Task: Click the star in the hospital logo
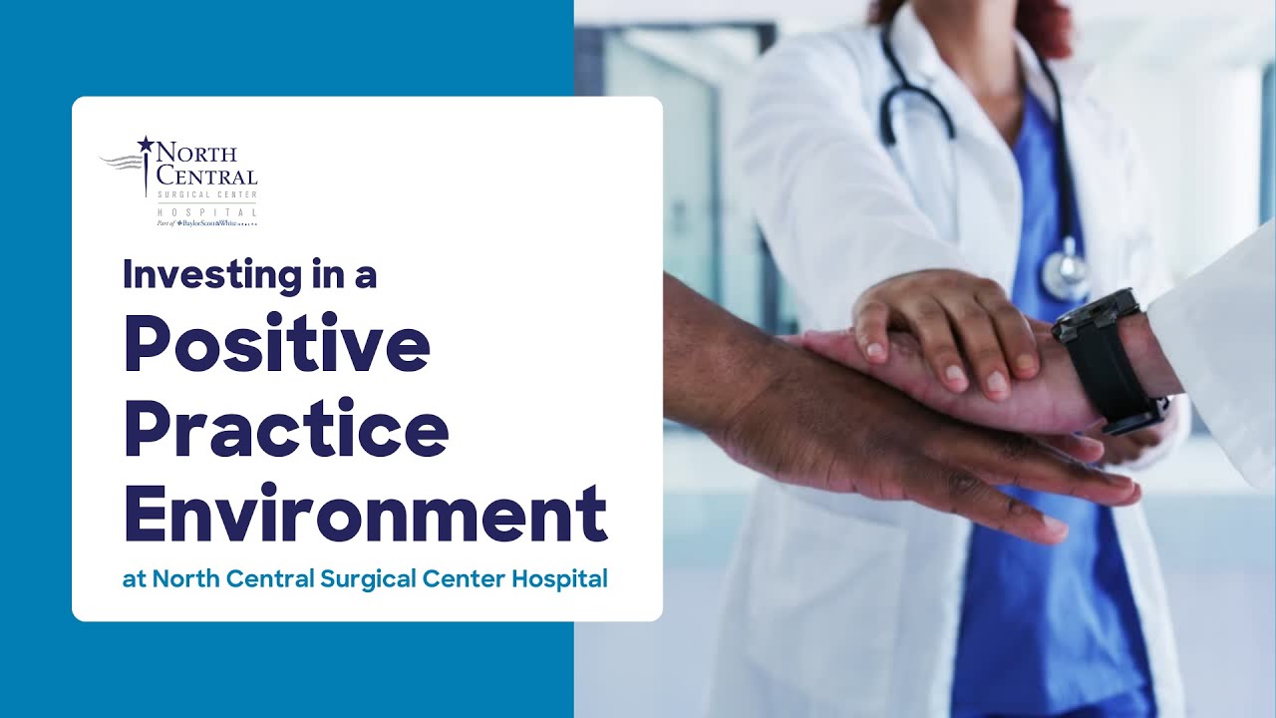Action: click(x=146, y=145)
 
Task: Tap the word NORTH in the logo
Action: click(x=196, y=154)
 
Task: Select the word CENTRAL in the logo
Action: click(x=206, y=176)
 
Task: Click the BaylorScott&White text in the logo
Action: click(x=210, y=223)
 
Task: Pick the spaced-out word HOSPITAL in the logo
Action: click(x=206, y=211)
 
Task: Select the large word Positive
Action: click(x=277, y=345)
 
